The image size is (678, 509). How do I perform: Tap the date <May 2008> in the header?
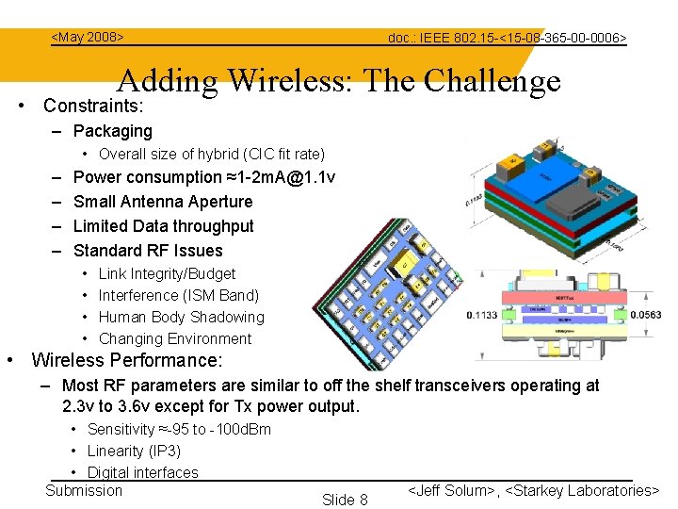[x=88, y=37]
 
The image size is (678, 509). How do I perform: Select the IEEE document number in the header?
[x=507, y=38]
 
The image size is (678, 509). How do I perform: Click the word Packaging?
[x=112, y=131]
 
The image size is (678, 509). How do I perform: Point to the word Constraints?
[x=92, y=106]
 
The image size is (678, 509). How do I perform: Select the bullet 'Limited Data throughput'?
[x=163, y=226]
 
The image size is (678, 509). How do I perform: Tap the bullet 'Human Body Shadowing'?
[x=181, y=317]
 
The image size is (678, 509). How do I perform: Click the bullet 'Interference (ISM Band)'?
[x=178, y=295]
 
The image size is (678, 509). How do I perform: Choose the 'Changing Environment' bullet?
[x=175, y=338]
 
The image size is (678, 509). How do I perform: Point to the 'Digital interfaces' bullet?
[x=142, y=472]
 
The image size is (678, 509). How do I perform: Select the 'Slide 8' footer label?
[x=345, y=499]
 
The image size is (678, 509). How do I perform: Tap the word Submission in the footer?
[x=84, y=490]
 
